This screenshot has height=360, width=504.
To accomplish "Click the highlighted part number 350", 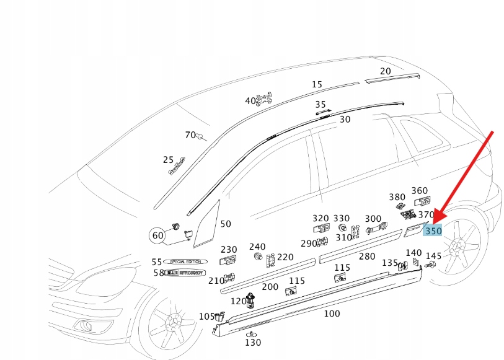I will coord(433,231).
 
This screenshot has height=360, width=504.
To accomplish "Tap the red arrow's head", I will coord(436,220).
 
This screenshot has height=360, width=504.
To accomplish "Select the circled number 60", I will coord(158,235).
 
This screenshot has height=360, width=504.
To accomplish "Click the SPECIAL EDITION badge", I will coord(185,261).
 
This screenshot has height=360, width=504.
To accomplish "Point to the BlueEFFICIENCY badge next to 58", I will coord(185,273).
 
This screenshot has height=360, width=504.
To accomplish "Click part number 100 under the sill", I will coord(332,314).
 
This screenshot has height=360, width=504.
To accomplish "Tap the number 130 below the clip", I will coord(253,342).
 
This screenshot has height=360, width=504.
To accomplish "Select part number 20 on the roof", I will coord(386,71).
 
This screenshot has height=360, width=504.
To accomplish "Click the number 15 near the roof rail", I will coord(317,84).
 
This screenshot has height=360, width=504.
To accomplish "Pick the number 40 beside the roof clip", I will coord(250,100).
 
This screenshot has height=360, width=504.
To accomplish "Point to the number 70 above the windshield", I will coord(190,135).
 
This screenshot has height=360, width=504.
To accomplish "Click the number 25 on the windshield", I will coord(168,160).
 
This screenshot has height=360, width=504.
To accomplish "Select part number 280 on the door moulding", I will coord(367,256).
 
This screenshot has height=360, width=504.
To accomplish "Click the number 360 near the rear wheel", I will coord(420,191).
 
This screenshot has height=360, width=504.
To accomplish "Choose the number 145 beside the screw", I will coord(433,256).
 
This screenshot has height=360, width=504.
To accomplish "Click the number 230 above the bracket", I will coord(229,250).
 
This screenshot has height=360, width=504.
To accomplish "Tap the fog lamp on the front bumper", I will coord(82,325).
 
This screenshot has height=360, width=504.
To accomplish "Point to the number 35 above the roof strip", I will coord(320,105).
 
